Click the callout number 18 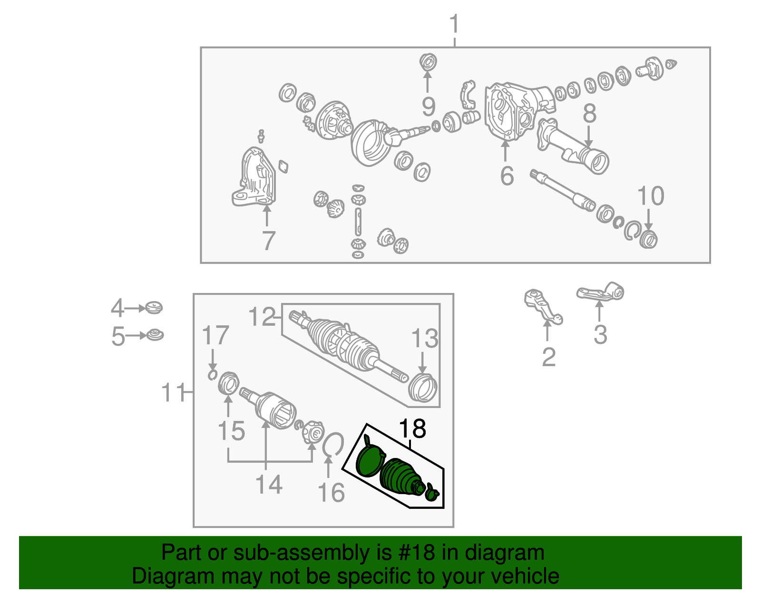[412, 429]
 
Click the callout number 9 [428, 106]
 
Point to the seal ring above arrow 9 [428, 62]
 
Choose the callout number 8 [589, 114]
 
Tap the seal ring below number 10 [648, 239]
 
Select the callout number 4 [117, 308]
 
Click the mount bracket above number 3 [600, 292]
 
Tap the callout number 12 [262, 317]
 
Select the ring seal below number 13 [423, 388]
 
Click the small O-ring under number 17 [212, 375]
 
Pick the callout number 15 [231, 431]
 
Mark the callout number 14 [269, 484]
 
